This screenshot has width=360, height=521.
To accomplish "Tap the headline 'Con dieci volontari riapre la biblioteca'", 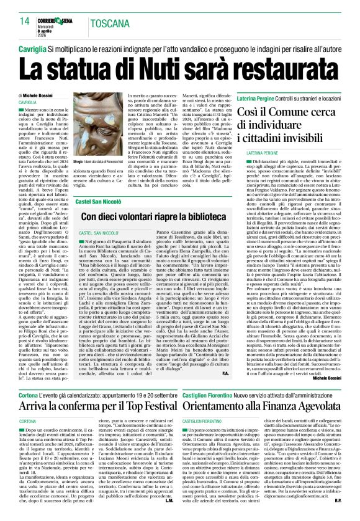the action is [x=162, y=218].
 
